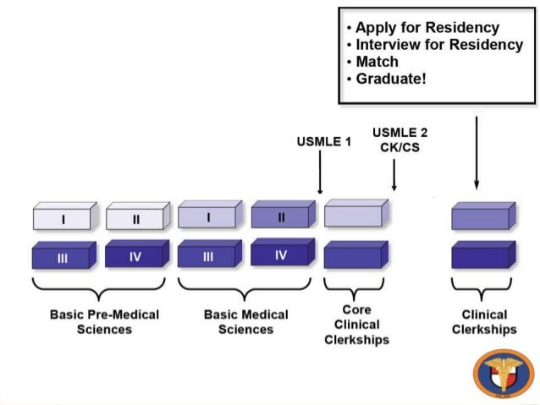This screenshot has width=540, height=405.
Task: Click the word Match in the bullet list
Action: (x=377, y=62)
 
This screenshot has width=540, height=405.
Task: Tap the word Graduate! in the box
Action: (x=391, y=79)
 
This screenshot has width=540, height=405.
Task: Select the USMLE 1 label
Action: (x=324, y=142)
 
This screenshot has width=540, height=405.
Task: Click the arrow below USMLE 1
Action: (x=320, y=172)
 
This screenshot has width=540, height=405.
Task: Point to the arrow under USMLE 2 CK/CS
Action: (x=394, y=174)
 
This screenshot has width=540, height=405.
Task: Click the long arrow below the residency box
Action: (x=477, y=153)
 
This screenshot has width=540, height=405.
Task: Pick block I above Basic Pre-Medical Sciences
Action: (x=65, y=216)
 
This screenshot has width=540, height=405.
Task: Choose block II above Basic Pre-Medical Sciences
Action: (x=138, y=216)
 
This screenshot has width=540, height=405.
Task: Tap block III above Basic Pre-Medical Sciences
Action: (x=64, y=255)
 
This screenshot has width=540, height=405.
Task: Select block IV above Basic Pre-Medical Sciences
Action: (x=137, y=254)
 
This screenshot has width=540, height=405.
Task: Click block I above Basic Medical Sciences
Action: (x=210, y=215)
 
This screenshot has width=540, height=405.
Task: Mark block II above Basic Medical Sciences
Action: (x=284, y=215)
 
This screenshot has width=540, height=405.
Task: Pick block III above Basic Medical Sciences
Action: (x=210, y=254)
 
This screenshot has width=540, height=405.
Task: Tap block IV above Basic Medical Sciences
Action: (x=283, y=252)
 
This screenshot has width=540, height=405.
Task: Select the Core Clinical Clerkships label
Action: (x=357, y=325)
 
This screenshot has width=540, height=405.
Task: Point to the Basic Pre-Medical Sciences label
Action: (x=104, y=322)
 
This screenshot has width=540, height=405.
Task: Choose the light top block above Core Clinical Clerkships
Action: (x=356, y=213)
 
